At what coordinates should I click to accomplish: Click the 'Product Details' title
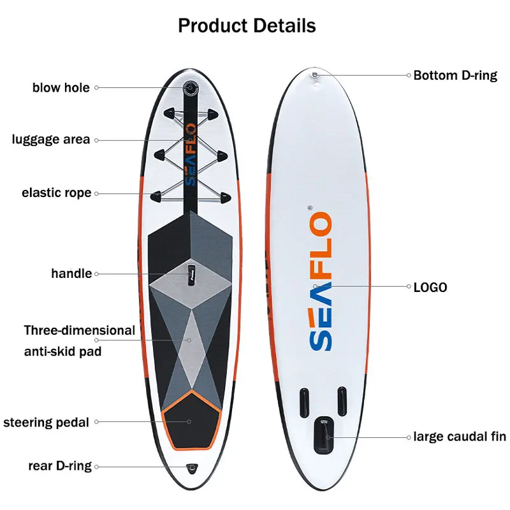tap(247, 25)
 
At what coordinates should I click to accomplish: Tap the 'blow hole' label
tap(61, 87)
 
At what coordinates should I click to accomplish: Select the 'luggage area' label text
tap(51, 140)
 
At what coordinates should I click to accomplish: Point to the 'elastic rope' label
tap(56, 193)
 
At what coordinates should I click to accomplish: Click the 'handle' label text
tap(71, 273)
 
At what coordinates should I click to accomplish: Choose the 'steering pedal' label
tap(46, 422)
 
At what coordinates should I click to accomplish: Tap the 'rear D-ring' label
tap(60, 466)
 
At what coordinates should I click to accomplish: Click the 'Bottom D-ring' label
tap(455, 75)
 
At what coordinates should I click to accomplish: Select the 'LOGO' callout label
tap(430, 288)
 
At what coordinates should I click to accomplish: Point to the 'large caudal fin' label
tap(460, 437)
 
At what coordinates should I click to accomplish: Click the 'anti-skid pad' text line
tap(62, 351)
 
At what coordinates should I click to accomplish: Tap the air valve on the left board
tap(189, 87)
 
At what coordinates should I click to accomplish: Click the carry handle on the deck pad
tap(190, 273)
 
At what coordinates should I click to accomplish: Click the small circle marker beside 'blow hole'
tap(97, 87)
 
